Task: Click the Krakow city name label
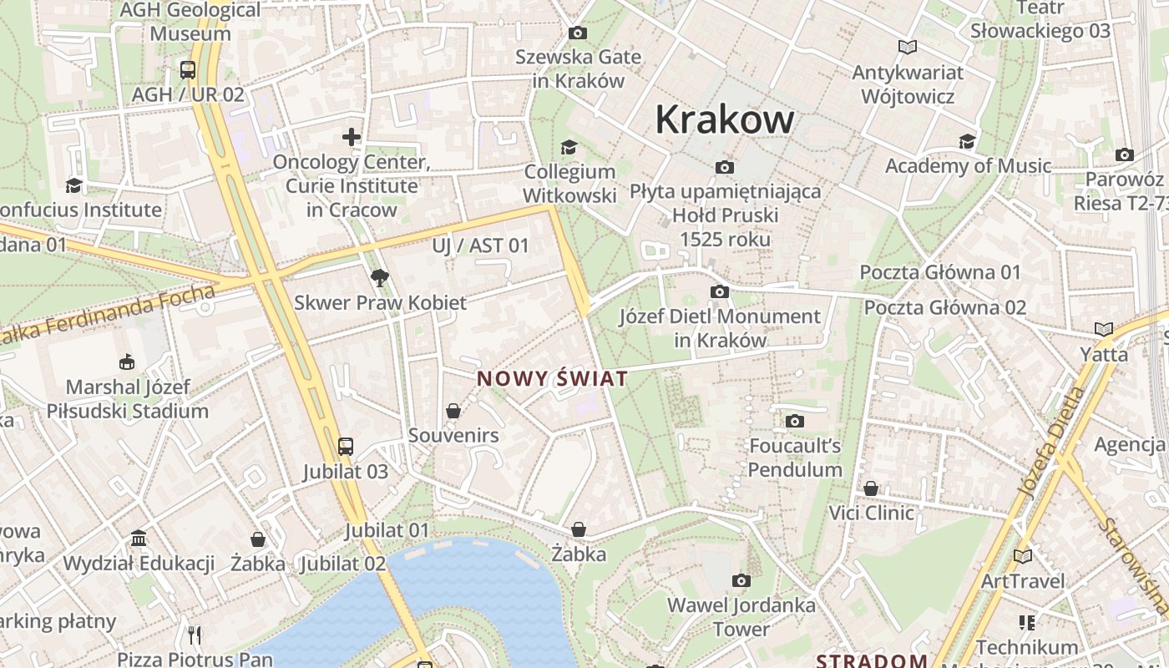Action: [724, 119]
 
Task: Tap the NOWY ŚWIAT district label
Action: [552, 379]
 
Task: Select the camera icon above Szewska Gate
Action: [577, 33]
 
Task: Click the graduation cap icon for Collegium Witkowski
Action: [569, 147]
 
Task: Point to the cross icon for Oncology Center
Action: [352, 137]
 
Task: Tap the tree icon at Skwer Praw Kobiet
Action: [380, 277]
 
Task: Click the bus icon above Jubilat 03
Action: [346, 447]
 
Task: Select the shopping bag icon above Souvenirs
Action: [453, 411]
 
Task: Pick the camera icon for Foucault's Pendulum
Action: [794, 421]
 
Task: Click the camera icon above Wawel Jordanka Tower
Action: [741, 580]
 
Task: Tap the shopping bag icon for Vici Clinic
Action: [871, 488]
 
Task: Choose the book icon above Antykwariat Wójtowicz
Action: [907, 48]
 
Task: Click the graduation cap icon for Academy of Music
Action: [967, 141]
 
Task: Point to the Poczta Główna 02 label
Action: [944, 307]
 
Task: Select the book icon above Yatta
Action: [1104, 329]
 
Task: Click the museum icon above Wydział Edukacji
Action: [139, 539]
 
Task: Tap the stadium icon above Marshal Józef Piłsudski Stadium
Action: [127, 362]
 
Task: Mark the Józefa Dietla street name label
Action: [1053, 442]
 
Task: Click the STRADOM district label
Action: [872, 661]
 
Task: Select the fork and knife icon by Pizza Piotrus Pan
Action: [195, 635]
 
